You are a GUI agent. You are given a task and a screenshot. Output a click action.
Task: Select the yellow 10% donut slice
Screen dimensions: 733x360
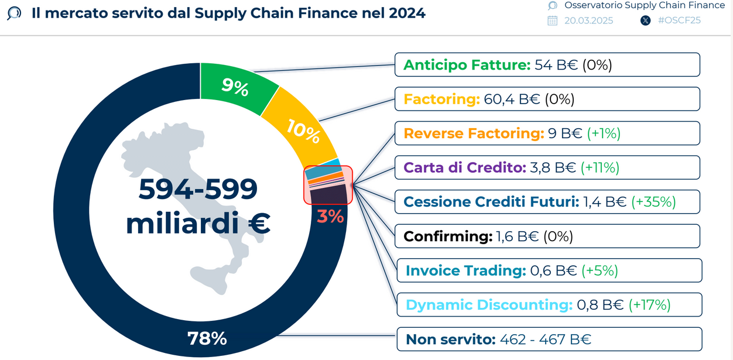tap(301, 129)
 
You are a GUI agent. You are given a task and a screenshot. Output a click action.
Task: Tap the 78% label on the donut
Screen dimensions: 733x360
tap(207, 338)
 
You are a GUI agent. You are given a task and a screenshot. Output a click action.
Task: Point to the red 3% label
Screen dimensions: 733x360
tap(330, 217)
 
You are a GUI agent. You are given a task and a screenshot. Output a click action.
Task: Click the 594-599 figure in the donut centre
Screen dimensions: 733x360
tap(198, 189)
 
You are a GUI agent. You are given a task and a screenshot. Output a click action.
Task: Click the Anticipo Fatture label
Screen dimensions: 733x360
tap(467, 65)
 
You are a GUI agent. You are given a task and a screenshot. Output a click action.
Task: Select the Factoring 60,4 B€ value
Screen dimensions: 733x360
tap(512, 99)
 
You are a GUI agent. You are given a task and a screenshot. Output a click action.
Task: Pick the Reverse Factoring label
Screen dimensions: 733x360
tap(474, 133)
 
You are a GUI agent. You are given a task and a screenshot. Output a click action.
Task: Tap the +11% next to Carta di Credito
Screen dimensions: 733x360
tap(600, 167)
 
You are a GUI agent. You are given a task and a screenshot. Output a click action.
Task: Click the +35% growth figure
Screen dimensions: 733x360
tap(653, 202)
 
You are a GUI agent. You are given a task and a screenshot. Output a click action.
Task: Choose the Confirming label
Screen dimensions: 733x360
tap(448, 236)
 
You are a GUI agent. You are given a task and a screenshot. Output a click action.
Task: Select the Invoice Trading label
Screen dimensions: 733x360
tap(465, 270)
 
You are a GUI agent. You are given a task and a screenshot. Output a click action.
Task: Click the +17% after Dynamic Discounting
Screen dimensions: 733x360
tap(649, 305)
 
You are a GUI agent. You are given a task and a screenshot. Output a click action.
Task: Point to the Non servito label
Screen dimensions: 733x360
tap(451, 340)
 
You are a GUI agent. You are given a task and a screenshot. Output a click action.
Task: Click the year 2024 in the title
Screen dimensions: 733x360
tap(407, 13)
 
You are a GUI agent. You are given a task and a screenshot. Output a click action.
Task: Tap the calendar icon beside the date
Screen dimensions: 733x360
tap(552, 20)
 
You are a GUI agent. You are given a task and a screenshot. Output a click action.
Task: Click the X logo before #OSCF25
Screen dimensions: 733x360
tap(645, 20)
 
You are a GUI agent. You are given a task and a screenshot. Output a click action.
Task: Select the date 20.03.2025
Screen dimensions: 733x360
tap(589, 20)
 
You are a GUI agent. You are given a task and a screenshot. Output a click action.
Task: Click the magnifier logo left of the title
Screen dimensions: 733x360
tap(14, 13)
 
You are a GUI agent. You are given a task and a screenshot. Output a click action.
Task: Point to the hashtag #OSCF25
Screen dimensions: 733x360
tap(679, 20)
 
